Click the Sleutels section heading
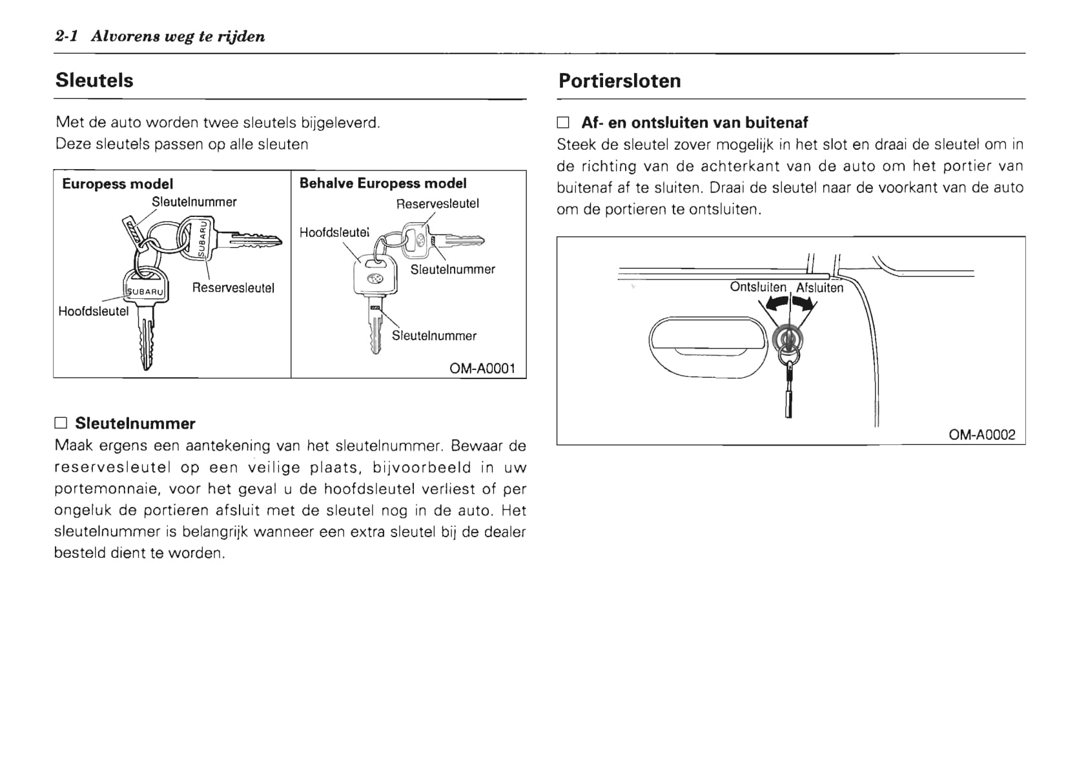(94, 81)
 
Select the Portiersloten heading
(619, 81)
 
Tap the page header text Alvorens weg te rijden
(178, 36)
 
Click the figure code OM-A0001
(482, 369)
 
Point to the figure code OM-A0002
(981, 435)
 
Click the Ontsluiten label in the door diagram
(757, 287)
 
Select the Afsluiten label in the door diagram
(819, 288)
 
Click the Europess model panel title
(118, 184)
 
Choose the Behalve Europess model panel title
(383, 183)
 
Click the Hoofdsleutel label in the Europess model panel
(94, 311)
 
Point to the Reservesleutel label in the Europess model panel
(233, 288)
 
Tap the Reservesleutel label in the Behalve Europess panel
(437, 204)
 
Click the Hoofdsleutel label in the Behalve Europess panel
(334, 232)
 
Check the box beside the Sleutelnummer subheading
(61, 424)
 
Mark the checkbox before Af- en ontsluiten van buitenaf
(564, 123)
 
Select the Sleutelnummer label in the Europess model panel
(194, 202)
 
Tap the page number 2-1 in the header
(67, 36)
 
